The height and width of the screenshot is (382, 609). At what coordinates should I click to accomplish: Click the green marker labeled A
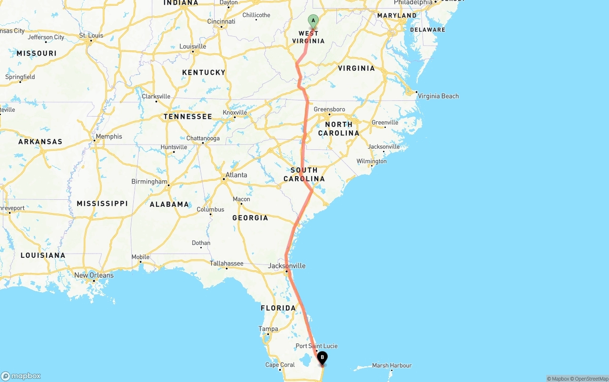[x=313, y=20]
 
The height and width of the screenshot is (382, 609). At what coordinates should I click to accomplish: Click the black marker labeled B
[x=322, y=357]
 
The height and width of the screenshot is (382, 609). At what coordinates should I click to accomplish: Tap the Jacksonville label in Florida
[x=286, y=265]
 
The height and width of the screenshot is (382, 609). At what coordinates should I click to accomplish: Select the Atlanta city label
[x=236, y=175]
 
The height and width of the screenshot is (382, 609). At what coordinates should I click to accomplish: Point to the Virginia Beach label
[x=438, y=96]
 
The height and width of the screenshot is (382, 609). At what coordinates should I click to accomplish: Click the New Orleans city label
[x=94, y=275]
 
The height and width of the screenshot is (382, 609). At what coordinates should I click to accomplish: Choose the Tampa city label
[x=268, y=329]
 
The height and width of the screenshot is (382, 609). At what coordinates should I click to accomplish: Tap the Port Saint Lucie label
[x=317, y=346]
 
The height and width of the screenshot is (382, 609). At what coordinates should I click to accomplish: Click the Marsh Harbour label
[x=392, y=365]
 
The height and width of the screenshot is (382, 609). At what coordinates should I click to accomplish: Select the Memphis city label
[x=108, y=137]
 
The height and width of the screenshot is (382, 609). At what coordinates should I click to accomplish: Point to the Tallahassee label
[x=226, y=263]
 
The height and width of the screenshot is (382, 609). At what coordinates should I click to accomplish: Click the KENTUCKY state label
[x=204, y=72]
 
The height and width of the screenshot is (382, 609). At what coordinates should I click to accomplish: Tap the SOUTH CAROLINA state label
[x=304, y=175]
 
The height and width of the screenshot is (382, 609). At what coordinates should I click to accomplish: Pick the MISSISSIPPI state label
[x=102, y=203]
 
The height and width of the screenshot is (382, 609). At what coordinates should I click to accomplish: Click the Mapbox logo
[x=21, y=376]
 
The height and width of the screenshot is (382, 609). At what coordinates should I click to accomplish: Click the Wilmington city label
[x=372, y=161]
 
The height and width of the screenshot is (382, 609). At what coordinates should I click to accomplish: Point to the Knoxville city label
[x=235, y=113]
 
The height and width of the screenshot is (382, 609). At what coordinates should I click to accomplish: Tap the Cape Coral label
[x=280, y=365]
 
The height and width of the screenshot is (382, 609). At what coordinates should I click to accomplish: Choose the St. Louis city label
[x=91, y=35]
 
